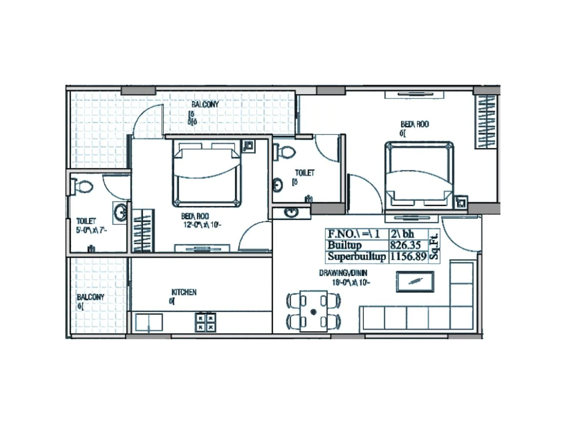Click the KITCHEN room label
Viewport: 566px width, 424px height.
tap(184, 292)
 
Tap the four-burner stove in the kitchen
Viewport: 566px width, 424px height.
tap(206, 322)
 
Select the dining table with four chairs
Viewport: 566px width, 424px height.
tap(313, 311)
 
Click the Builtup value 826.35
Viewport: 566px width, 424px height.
tap(405, 245)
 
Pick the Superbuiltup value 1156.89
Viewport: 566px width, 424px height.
tap(408, 256)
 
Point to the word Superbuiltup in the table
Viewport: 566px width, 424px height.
tap(357, 256)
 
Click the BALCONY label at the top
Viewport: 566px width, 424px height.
tap(205, 104)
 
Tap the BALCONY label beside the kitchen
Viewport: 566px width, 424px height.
tap(91, 297)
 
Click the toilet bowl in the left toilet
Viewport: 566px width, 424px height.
tap(83, 187)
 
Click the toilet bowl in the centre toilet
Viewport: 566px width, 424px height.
tap(285, 152)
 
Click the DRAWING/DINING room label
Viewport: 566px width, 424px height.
tap(343, 273)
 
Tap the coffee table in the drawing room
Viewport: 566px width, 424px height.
tap(415, 282)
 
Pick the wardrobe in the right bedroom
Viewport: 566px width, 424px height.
tap(485, 122)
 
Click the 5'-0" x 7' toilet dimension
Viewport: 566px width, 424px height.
tap(92, 230)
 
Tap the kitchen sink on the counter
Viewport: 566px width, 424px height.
tap(149, 322)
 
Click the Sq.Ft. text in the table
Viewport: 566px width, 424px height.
tap(434, 245)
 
